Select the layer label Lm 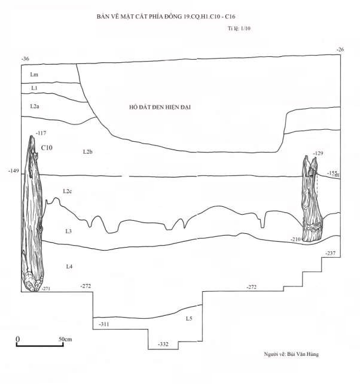coord(34,74)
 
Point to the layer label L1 coord(35,88)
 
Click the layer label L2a coord(35,106)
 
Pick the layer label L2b coord(87,152)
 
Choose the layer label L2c coord(68,191)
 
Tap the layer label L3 coord(68,230)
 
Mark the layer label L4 coord(69,266)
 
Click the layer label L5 coord(189,318)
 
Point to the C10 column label coord(46,147)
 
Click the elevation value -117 coord(41,133)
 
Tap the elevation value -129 coord(318,154)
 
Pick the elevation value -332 coord(163,345)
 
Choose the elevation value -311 coord(103,324)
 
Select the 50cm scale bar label coord(65,339)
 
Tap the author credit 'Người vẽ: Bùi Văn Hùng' coord(291,355)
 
